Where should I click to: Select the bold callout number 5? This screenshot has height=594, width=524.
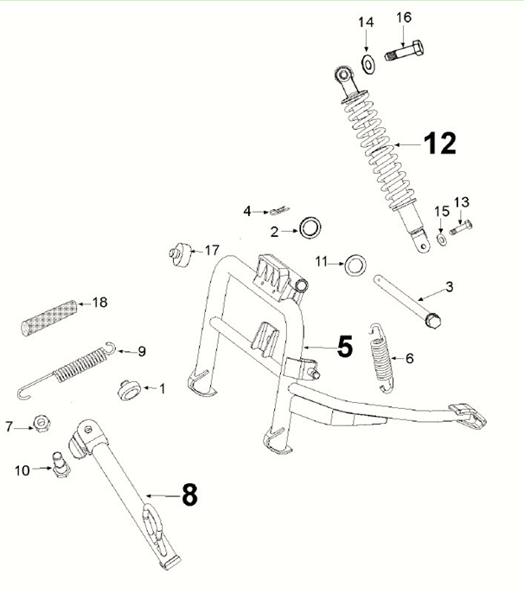point(344,348)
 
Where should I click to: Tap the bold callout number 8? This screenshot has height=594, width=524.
point(189,495)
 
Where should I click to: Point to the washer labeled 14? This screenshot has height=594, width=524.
point(367,61)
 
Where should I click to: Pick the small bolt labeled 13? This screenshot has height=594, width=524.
point(460,228)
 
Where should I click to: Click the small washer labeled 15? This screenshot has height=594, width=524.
point(442,236)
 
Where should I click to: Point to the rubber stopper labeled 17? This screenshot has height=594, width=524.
point(179,254)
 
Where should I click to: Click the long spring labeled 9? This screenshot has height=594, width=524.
point(69,369)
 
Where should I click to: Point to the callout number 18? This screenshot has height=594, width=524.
point(99,303)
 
